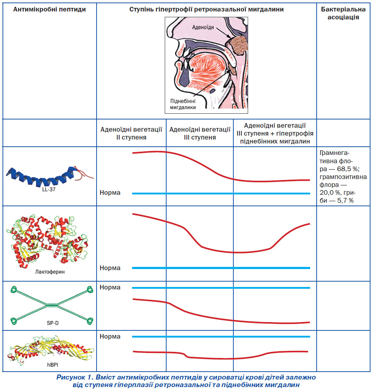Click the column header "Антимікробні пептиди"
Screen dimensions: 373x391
coord(50,9)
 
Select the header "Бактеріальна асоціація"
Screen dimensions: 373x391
coord(343,13)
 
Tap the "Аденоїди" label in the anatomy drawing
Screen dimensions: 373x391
coord(203,27)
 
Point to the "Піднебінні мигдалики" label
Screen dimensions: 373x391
coord(183,104)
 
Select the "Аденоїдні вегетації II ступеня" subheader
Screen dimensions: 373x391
coord(131,133)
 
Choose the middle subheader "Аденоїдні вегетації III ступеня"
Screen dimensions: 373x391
coord(200,133)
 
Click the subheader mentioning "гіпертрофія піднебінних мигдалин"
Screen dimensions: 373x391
coord(275,133)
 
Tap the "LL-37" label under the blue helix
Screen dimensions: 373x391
coord(49,189)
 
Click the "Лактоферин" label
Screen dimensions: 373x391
coord(50,272)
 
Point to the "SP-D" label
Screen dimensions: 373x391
coord(53,323)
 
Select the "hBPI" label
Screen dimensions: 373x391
coord(52,365)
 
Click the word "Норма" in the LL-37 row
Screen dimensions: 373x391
coord(110,193)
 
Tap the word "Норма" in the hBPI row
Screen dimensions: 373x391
coord(110,336)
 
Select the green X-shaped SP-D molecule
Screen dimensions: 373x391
coord(52,305)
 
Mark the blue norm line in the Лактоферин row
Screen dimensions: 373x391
coord(221,268)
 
